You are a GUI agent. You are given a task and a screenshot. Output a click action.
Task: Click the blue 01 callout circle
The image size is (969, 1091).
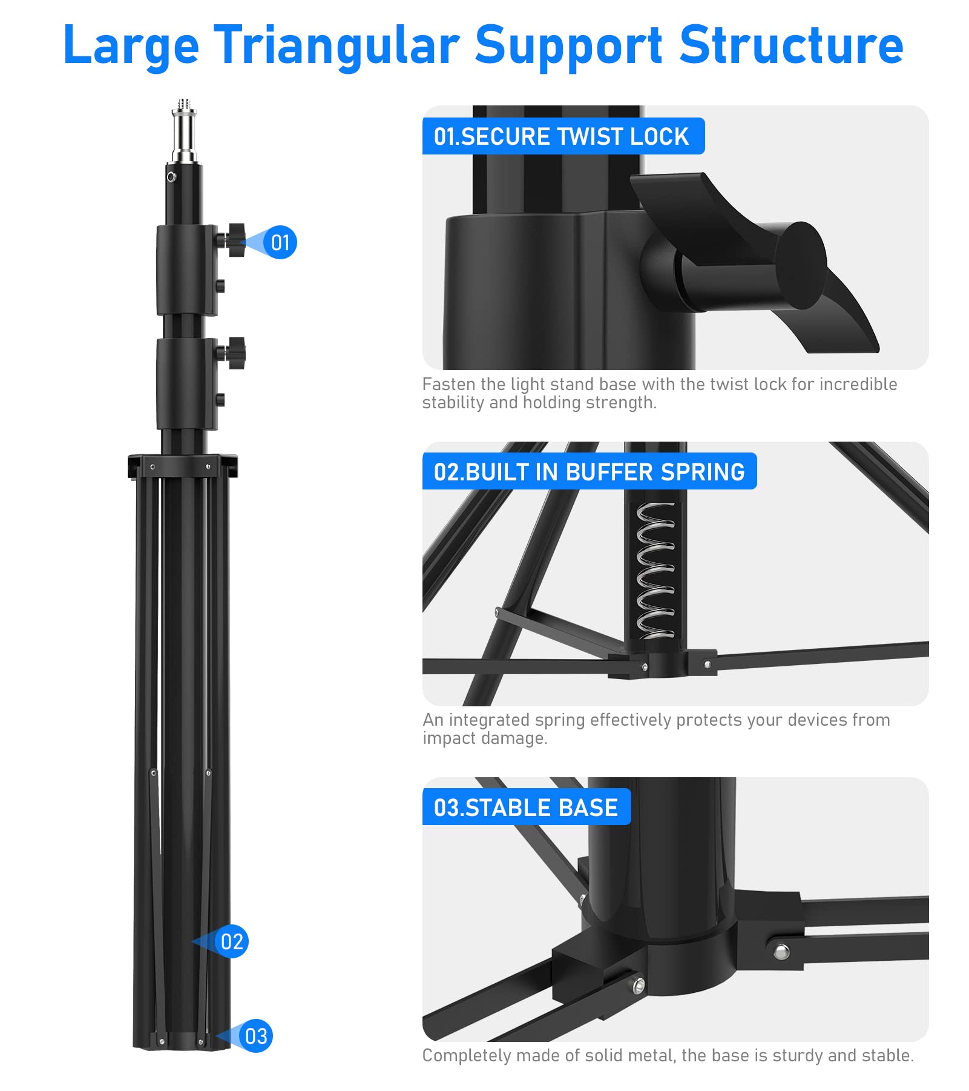coord(280,243)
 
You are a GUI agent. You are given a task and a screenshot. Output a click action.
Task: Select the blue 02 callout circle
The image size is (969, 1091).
coord(232,941)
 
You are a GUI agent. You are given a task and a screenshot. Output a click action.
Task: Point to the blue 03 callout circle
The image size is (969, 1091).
coord(256,1036)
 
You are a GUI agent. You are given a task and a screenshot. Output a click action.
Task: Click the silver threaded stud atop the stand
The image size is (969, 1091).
coord(184,130)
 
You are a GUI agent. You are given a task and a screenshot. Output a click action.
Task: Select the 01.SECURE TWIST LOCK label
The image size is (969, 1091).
coord(562,136)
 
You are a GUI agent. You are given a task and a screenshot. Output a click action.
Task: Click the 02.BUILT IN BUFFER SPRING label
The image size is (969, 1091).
coord(589,472)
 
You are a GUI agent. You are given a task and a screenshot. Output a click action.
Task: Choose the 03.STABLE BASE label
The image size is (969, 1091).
coord(526,807)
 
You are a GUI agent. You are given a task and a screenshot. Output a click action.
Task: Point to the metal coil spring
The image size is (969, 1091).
coord(655,569)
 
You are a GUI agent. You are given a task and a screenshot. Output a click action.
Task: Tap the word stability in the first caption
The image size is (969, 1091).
coord(453,403)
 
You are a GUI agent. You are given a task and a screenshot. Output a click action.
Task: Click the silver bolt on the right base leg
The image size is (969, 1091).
coord(781,951)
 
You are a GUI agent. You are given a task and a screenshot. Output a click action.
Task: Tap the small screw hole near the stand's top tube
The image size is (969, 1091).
coord(171,177)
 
